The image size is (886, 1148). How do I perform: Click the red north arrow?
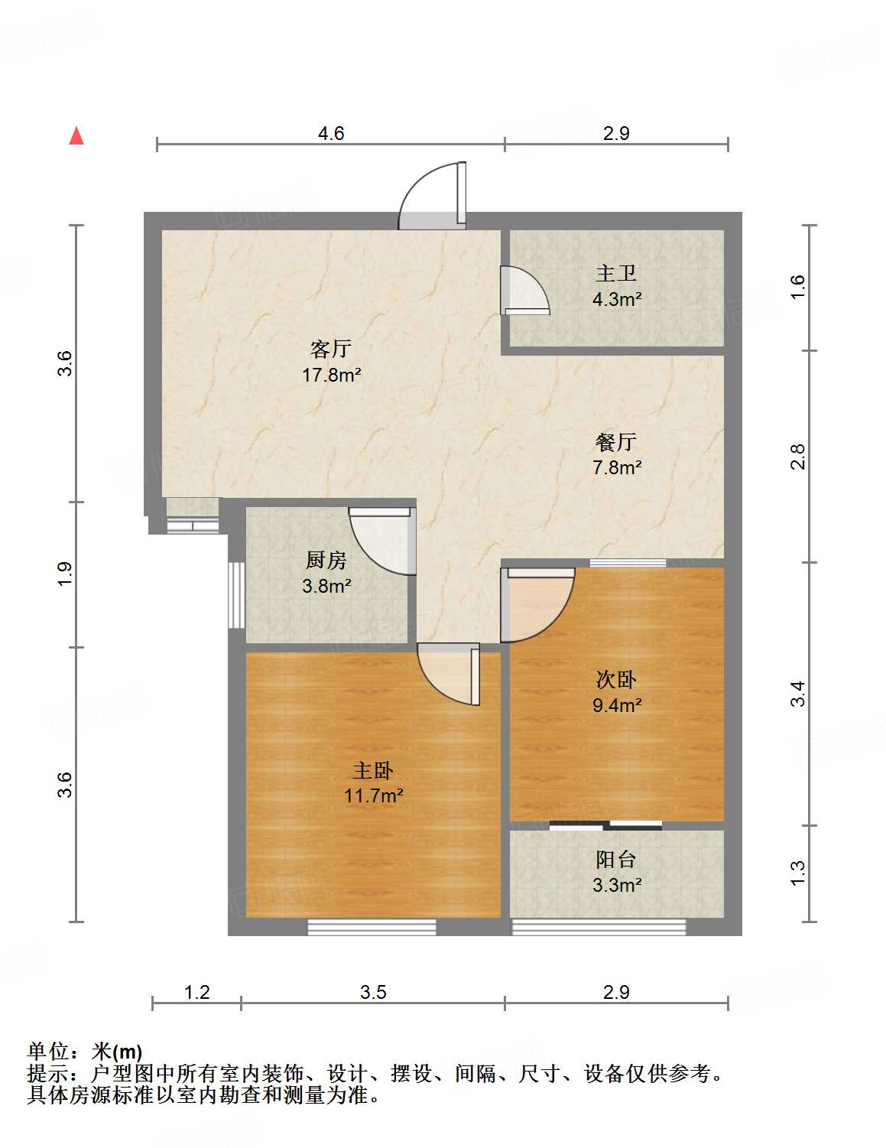pyautogui.click(x=76, y=135)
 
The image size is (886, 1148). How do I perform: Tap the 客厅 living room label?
pyautogui.click(x=331, y=350)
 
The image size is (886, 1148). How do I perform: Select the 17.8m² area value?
pyautogui.click(x=331, y=376)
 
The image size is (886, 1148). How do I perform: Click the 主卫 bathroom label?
pyautogui.click(x=616, y=273)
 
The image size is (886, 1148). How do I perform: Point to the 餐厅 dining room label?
pyautogui.click(x=616, y=441)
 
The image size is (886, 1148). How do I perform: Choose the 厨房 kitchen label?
pyautogui.click(x=326, y=561)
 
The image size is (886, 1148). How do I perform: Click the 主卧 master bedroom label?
pyautogui.click(x=373, y=770)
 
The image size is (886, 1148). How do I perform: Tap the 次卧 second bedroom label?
pyautogui.click(x=616, y=679)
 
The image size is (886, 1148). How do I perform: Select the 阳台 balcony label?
pyautogui.click(x=616, y=860)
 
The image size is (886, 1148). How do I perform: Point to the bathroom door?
pyautogui.click(x=523, y=290)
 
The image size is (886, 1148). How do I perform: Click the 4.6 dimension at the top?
pyautogui.click(x=331, y=133)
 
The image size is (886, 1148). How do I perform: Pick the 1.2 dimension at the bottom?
pyautogui.click(x=196, y=992)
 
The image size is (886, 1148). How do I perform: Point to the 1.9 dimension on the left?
pyautogui.click(x=65, y=574)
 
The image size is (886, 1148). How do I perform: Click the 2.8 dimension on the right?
pyautogui.click(x=798, y=457)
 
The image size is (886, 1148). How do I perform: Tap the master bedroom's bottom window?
pyautogui.click(x=372, y=927)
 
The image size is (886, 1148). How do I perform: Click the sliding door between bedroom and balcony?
pyautogui.click(x=605, y=825)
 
